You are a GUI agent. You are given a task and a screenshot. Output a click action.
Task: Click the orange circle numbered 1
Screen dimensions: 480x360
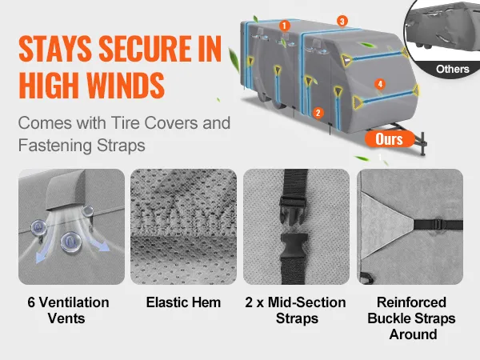point(284,26)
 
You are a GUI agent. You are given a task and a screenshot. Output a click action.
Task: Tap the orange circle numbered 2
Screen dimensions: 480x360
point(318,113)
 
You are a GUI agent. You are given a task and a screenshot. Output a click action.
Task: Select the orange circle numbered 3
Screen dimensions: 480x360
point(342,21)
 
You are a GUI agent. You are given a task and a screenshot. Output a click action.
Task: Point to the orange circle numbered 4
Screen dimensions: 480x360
point(380,84)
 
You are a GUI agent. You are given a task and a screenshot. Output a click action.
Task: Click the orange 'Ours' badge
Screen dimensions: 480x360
point(390,139)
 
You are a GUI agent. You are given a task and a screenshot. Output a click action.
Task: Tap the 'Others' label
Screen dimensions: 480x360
point(453,69)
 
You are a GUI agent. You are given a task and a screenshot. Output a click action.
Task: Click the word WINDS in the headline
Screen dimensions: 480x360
point(126,85)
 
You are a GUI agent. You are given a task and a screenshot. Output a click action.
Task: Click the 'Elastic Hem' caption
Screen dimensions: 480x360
point(183,302)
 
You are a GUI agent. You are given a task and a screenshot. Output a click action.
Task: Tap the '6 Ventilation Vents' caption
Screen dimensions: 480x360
point(68,310)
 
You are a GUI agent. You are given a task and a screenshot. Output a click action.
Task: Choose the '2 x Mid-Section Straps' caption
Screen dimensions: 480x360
point(296,310)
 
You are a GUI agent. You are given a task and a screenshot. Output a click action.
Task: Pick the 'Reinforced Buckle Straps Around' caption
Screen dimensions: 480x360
point(411,318)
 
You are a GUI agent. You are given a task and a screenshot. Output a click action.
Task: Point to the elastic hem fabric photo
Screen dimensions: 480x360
point(183,227)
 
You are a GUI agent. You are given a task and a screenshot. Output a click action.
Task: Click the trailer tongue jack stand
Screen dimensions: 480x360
point(422,144)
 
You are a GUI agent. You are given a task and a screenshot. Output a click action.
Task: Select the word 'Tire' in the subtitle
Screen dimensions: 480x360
point(126,123)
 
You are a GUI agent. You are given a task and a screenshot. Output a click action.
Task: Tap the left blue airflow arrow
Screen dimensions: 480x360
point(43,250)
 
